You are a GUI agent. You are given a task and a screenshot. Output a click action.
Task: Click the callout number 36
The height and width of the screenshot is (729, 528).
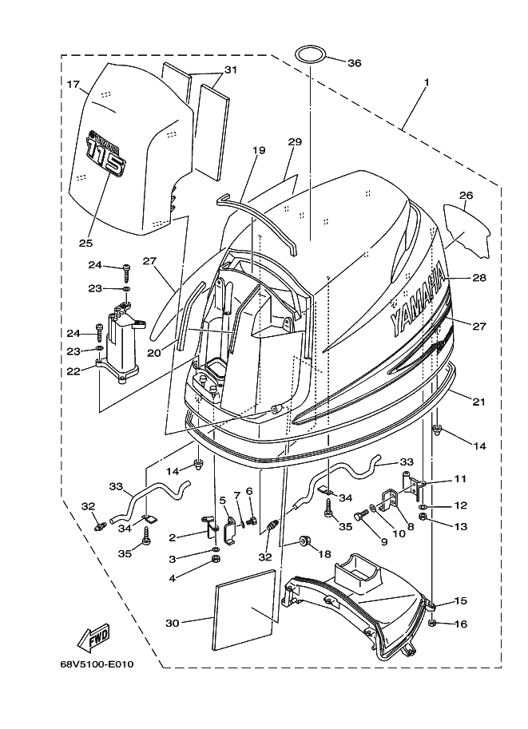(355, 63)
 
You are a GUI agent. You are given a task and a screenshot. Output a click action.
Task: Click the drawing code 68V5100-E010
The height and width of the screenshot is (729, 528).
(97, 664)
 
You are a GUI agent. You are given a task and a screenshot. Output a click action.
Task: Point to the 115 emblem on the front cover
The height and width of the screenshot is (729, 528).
(106, 155)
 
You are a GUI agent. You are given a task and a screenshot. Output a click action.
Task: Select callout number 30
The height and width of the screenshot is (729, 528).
(172, 623)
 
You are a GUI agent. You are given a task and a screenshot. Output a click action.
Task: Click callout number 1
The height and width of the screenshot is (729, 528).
(426, 82)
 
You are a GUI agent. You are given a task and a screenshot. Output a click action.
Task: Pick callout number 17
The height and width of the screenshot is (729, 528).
(73, 85)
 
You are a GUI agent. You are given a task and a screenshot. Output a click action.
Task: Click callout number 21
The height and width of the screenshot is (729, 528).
(478, 402)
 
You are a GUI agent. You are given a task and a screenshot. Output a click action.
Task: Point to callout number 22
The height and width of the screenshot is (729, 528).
(73, 371)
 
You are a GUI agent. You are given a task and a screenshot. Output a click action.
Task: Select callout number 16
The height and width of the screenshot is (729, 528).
(461, 624)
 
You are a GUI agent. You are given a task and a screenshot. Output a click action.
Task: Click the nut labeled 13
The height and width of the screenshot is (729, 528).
(424, 517)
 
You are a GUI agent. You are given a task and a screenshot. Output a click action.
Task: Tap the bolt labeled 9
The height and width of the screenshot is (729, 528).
(360, 517)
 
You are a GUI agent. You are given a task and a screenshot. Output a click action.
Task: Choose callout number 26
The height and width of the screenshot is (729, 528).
(466, 196)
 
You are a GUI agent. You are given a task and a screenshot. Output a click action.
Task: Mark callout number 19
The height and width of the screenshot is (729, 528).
(259, 150)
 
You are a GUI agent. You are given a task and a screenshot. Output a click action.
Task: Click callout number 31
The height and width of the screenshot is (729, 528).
(231, 70)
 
